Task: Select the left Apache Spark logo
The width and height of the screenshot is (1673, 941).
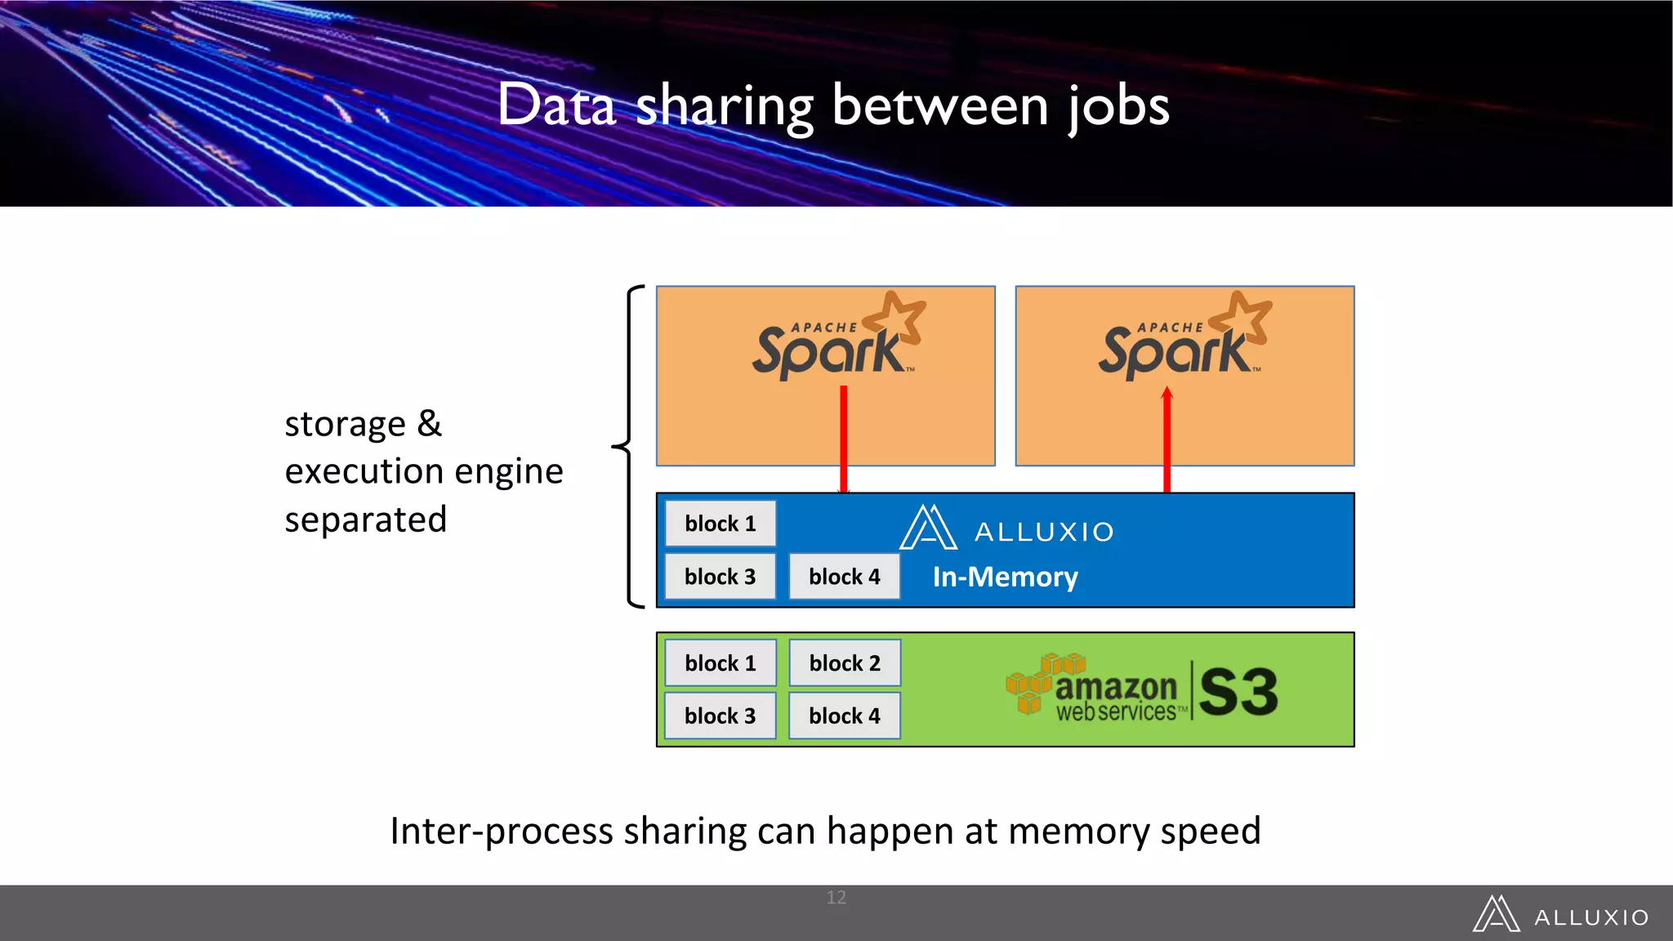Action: (x=837, y=337)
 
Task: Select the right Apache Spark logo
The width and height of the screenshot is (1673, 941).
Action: (x=1184, y=337)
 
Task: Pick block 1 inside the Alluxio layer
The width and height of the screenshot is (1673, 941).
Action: (x=720, y=524)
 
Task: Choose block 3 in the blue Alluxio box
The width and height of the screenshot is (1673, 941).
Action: (x=720, y=577)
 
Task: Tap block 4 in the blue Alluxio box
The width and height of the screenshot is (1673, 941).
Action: (x=844, y=577)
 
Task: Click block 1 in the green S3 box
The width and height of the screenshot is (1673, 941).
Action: (x=720, y=663)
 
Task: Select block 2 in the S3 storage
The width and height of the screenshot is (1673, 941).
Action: (x=844, y=663)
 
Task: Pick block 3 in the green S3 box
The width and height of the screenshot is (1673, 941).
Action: (x=720, y=716)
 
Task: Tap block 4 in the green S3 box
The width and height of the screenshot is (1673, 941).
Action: (x=844, y=716)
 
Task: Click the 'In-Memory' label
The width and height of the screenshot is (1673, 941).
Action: (x=1005, y=578)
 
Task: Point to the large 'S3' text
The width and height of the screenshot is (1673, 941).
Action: (x=1238, y=692)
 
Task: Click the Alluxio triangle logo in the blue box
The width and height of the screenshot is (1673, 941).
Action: (x=928, y=528)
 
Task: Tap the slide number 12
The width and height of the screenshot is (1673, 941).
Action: (x=836, y=897)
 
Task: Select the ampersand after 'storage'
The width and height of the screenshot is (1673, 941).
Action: (x=429, y=424)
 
